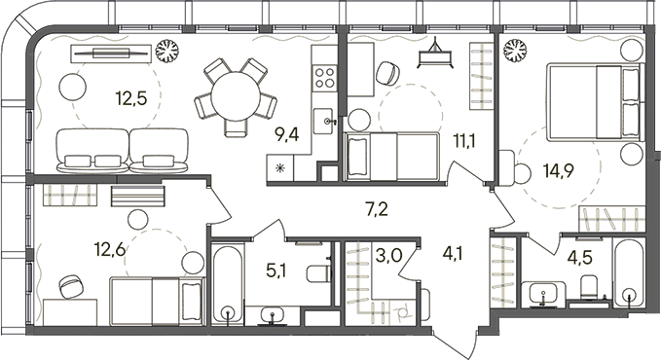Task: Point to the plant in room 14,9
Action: click(x=515, y=48)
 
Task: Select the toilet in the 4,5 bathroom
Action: click(x=587, y=286)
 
